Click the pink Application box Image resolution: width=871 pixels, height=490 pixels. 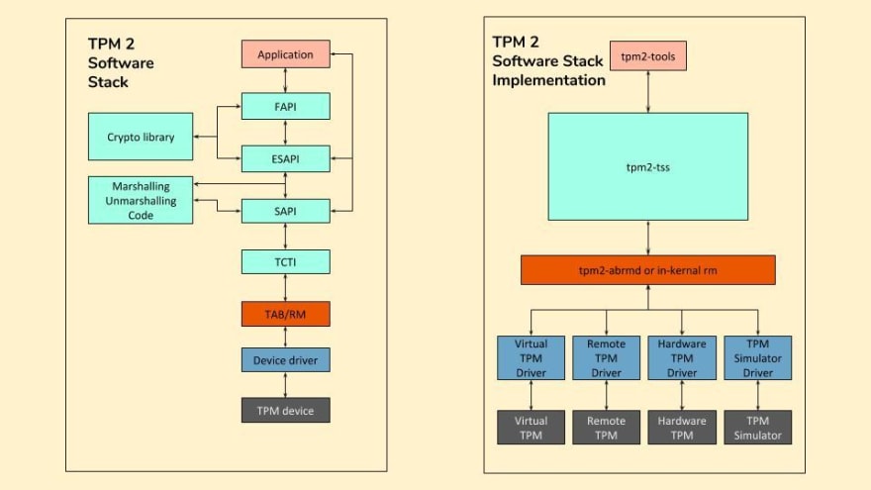[285, 54]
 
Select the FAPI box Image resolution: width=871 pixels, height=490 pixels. [285, 106]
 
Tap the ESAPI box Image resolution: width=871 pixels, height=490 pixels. [285, 157]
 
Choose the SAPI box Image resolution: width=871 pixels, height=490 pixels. [285, 210]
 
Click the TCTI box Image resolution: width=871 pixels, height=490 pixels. [285, 262]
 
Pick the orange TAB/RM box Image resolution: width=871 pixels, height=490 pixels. [285, 314]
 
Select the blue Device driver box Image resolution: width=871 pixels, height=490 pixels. [285, 360]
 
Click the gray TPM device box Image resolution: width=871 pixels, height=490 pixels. [285, 410]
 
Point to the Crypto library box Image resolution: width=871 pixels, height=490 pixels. [141, 138]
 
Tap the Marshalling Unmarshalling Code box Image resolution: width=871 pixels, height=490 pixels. [141, 200]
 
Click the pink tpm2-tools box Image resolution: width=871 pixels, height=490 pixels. [648, 55]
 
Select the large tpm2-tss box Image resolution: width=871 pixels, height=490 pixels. [648, 166]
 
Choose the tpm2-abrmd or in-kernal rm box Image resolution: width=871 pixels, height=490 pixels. [648, 270]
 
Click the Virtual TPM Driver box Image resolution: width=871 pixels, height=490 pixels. [531, 358]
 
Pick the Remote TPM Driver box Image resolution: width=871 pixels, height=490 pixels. [606, 358]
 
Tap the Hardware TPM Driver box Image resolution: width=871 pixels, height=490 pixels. [682, 358]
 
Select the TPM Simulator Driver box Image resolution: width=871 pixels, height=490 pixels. [757, 358]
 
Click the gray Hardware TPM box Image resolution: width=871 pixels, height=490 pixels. [682, 428]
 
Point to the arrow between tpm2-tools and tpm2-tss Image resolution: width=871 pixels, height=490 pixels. [648, 91]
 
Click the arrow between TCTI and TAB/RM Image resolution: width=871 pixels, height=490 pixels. [285, 288]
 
